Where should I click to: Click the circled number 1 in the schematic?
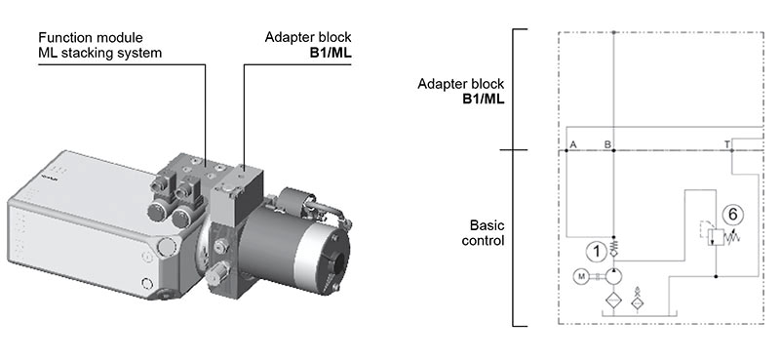click(x=596, y=252)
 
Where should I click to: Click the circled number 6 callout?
click(x=732, y=215)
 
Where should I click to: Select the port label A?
click(x=573, y=145)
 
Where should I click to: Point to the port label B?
click(x=607, y=145)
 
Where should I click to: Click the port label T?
click(x=727, y=145)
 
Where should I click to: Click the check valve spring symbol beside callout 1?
click(x=614, y=245)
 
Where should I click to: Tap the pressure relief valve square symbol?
click(x=716, y=235)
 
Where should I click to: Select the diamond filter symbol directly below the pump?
click(x=613, y=301)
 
